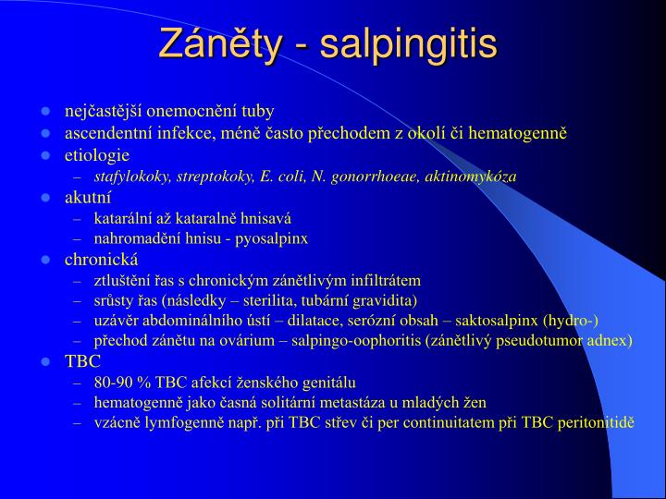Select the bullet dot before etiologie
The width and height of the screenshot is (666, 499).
click(x=44, y=154)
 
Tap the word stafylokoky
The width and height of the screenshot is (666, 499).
click(x=131, y=176)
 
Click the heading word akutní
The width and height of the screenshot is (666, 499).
click(x=88, y=198)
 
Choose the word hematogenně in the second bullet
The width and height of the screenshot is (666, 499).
click(x=518, y=133)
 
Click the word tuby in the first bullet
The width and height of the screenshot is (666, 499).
click(x=256, y=112)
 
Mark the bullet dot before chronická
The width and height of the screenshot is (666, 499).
click(x=44, y=259)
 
